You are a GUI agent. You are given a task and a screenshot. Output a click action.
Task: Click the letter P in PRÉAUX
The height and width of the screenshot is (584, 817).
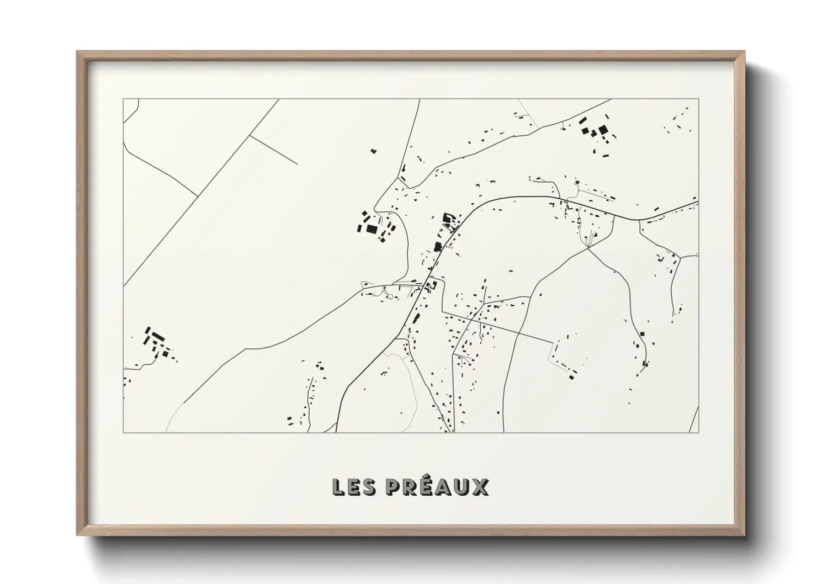pyautogui.click(x=394, y=487)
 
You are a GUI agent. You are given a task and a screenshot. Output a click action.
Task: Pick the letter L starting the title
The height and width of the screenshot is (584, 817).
pyautogui.click(x=338, y=487)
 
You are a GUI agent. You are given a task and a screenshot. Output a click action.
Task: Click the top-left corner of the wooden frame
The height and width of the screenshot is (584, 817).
pyautogui.click(x=78, y=52)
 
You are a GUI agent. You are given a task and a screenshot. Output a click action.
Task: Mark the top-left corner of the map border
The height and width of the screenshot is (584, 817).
pyautogui.click(x=123, y=99)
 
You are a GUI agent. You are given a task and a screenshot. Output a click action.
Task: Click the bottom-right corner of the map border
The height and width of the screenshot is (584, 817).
pyautogui.click(x=699, y=432)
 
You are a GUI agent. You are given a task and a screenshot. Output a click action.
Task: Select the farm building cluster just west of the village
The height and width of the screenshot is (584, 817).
pyautogui.click(x=373, y=227)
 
